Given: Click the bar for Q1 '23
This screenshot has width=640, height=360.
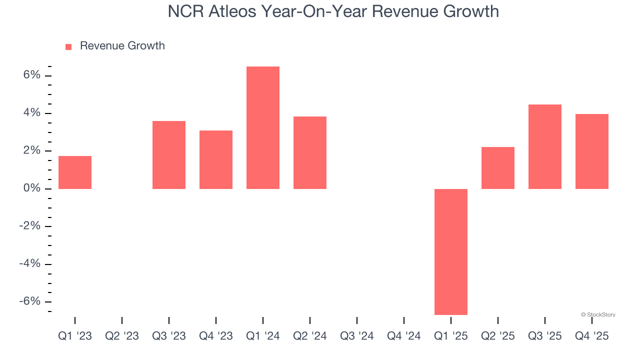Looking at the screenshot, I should click(75, 172).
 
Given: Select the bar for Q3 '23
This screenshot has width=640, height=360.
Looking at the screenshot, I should click(169, 155).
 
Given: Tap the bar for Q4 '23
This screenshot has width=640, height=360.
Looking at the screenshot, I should click(216, 159).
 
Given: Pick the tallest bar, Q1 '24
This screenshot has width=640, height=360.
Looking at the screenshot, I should click(263, 127).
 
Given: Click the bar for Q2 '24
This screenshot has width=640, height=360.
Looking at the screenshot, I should click(310, 152).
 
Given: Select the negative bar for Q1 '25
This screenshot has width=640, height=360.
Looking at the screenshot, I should click(451, 251).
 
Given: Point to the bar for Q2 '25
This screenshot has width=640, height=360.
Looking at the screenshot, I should click(498, 168).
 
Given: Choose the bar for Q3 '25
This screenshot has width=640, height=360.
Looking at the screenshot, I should click(545, 146).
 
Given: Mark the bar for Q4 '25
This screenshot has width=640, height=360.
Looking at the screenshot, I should click(592, 151).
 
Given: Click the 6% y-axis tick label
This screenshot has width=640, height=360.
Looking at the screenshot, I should click(31, 75).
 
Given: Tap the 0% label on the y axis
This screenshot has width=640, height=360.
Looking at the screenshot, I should click(31, 188).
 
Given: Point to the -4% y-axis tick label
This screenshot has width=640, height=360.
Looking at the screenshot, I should click(29, 263).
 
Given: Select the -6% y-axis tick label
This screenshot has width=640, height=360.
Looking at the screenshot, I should click(29, 301).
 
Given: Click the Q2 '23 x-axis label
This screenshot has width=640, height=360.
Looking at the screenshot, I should click(122, 336).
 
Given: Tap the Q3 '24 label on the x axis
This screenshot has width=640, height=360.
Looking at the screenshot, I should click(357, 336).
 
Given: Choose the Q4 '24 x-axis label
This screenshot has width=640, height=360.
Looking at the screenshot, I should click(404, 336).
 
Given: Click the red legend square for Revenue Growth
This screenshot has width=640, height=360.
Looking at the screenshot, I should click(68, 46).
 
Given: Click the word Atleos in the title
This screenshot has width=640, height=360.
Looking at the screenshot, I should click(233, 11).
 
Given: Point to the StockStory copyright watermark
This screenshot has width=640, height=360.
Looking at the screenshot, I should click(598, 314).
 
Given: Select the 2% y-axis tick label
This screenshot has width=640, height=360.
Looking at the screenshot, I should click(31, 150).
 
